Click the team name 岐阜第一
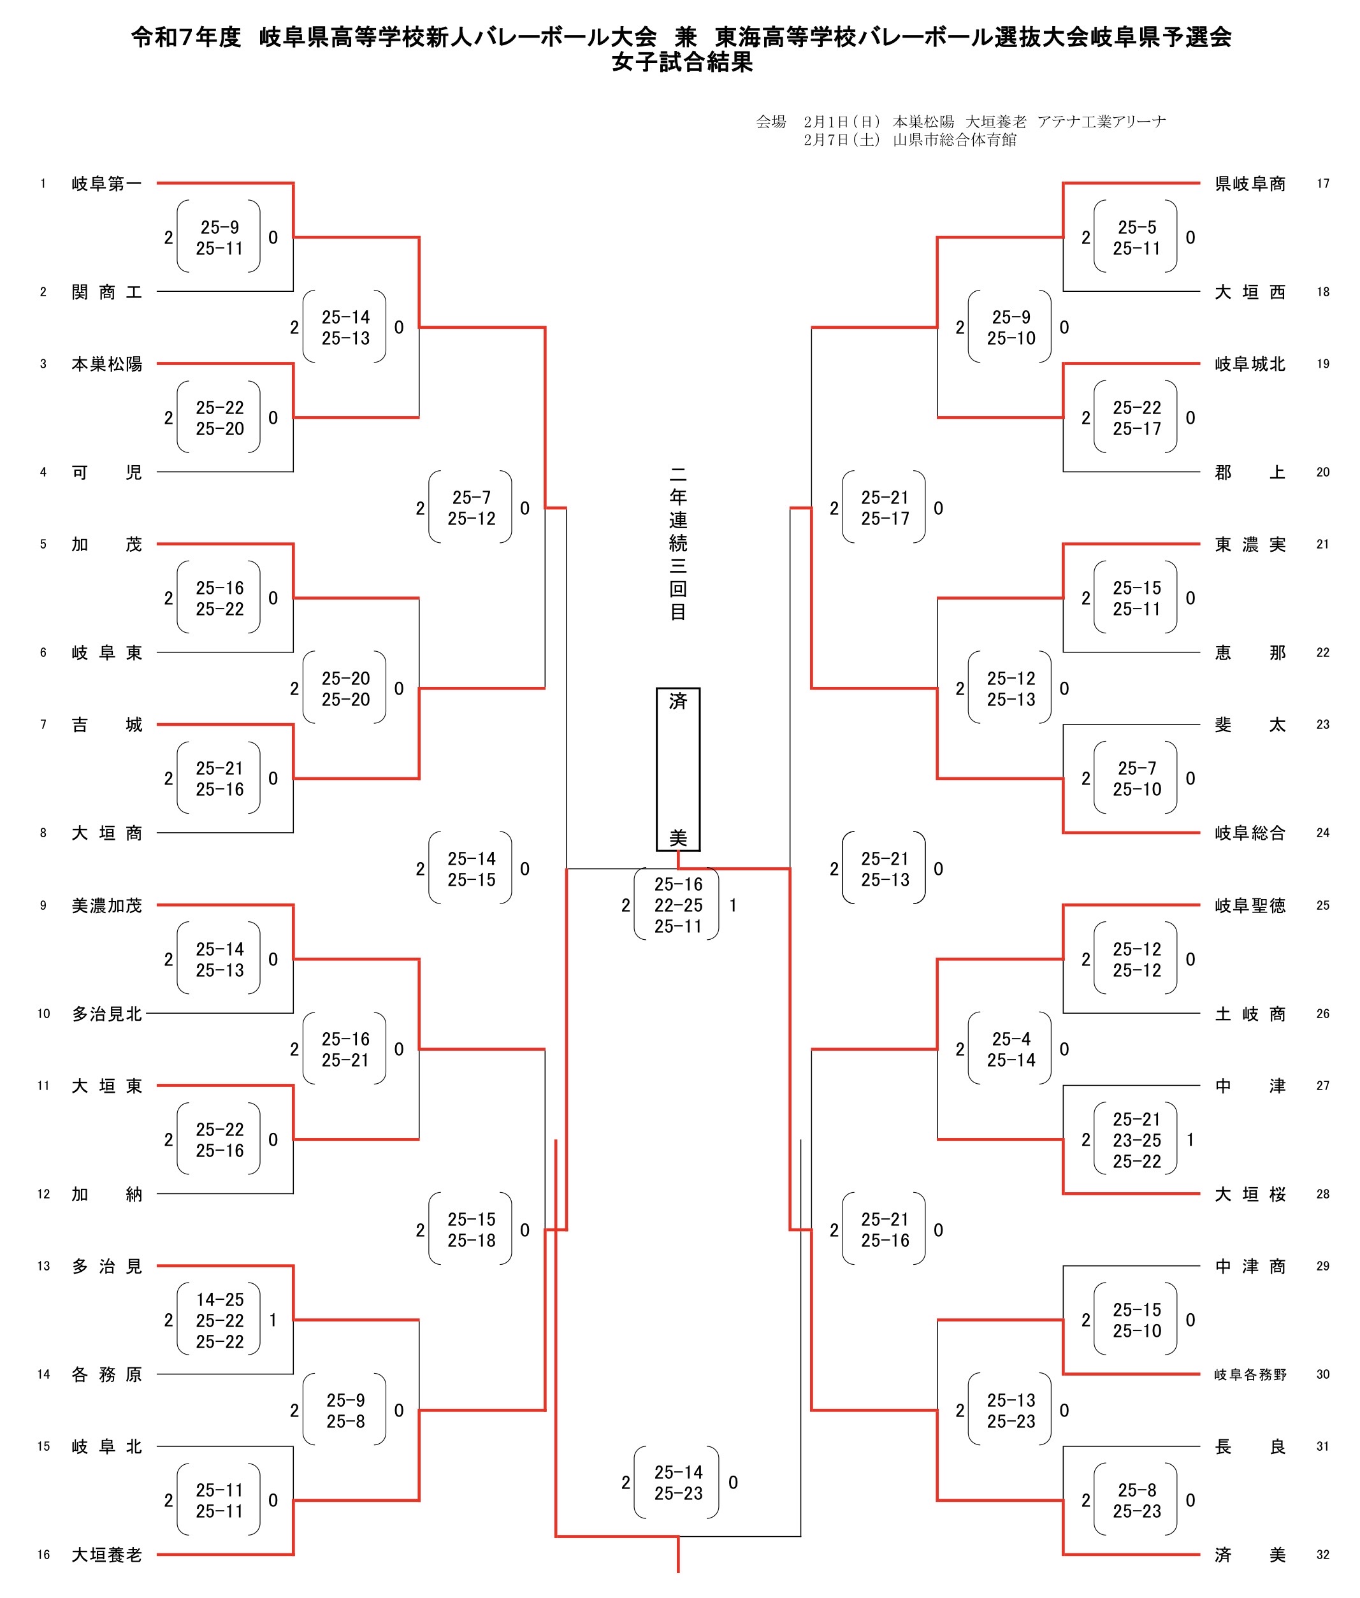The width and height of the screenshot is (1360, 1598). tap(106, 184)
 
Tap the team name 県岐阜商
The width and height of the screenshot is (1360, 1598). tap(1250, 184)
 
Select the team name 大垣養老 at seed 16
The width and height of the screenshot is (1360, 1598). tap(106, 1555)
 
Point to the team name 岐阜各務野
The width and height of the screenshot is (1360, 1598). tap(1250, 1374)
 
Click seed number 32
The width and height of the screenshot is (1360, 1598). tap(1323, 1555)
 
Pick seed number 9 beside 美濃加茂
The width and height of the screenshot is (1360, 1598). tap(43, 906)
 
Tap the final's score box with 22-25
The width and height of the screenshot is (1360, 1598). tap(677, 905)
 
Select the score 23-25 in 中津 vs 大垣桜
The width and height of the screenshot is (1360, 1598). tap(1136, 1140)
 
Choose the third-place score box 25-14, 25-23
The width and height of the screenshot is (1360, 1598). tap(677, 1483)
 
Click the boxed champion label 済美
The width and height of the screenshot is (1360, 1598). tap(677, 768)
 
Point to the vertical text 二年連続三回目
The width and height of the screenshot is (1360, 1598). tap(677, 543)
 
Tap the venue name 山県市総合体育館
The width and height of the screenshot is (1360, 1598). tap(955, 140)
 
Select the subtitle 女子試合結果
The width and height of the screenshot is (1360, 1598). tap(681, 62)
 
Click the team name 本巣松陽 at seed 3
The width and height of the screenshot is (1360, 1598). tap(106, 364)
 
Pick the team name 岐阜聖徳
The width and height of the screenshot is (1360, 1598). tap(1250, 906)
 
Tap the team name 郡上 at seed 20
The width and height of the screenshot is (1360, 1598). tap(1250, 473)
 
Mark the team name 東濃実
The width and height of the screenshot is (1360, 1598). tap(1250, 545)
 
